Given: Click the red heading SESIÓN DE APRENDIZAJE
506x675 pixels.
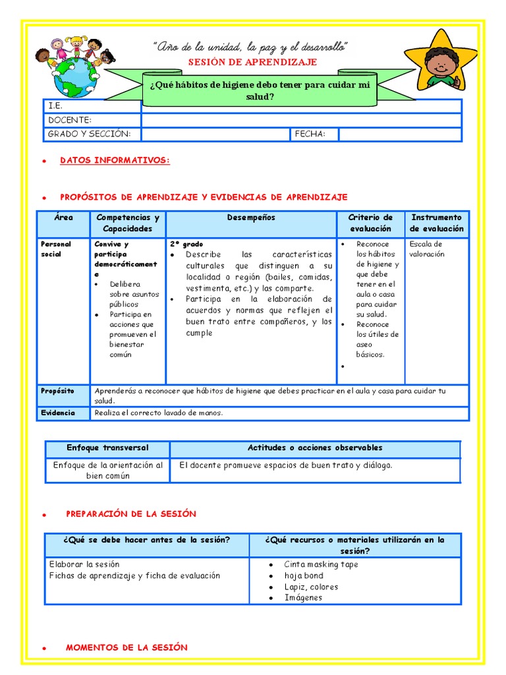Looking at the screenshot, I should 253,62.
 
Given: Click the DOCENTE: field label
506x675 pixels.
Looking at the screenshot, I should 69,120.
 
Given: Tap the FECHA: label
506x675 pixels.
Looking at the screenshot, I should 307,134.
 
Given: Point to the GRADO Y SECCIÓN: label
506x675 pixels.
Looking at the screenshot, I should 89,134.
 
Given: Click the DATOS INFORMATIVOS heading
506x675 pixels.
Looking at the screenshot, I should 115,160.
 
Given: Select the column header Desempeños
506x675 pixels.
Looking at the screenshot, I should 251,218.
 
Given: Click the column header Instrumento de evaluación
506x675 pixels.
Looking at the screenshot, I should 436,223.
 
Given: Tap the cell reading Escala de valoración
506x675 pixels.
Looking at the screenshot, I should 426,249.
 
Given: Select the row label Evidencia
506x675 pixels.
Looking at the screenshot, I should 57,413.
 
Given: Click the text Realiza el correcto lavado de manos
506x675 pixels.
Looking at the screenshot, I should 159,413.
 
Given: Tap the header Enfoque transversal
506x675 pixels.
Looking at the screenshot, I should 107,448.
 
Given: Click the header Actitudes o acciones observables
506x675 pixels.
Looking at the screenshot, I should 314,448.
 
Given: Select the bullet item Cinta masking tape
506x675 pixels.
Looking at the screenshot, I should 321,564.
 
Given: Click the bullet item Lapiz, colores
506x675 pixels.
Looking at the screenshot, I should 311,587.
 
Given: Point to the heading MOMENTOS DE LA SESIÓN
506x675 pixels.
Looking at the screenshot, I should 126,647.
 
